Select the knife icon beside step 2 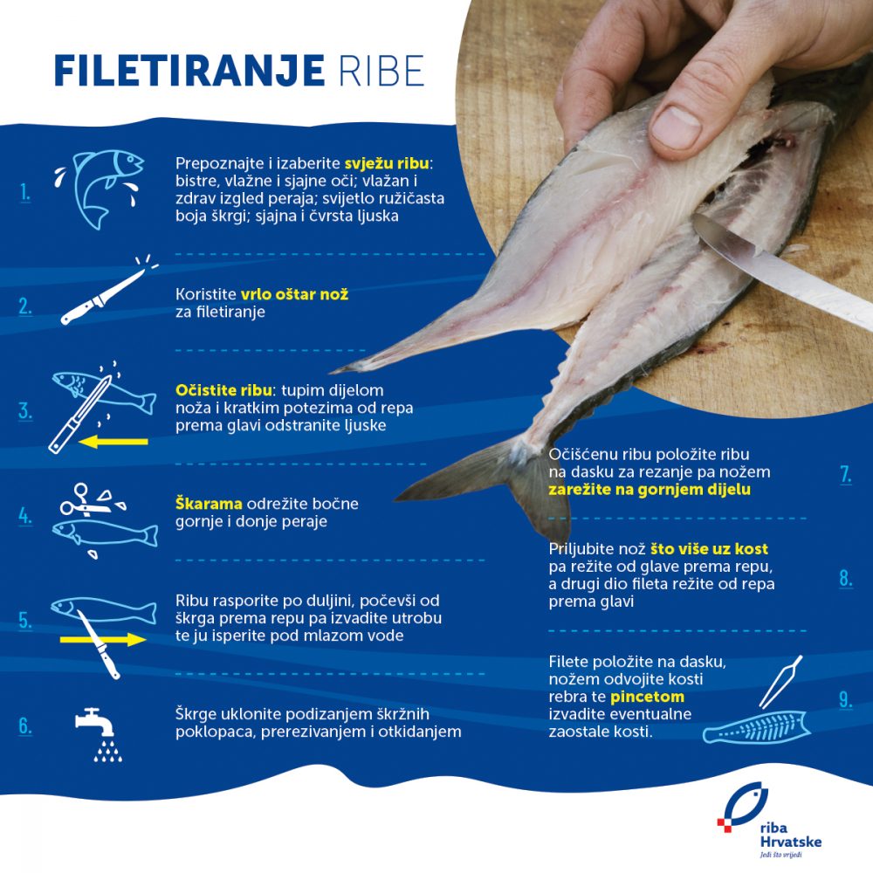point(103,292)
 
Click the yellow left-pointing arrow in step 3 point(113,443)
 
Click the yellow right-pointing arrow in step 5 point(103,640)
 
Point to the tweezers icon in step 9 point(780,682)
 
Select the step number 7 point(845,475)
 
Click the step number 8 point(845,578)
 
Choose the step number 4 point(25,515)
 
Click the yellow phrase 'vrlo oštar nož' point(295,294)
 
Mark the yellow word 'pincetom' point(648,698)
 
